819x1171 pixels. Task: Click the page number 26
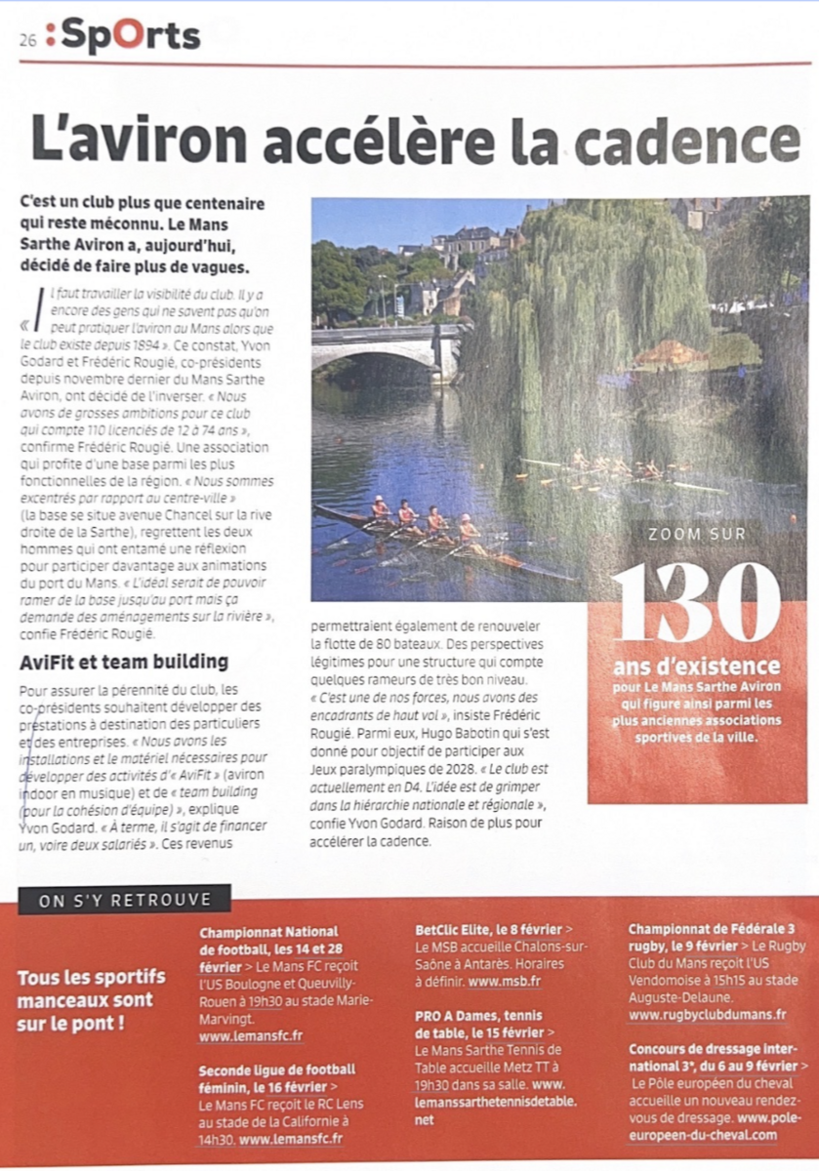coord(26,40)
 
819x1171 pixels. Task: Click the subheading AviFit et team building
coord(124,662)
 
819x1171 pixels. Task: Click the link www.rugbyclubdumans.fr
coord(708,1015)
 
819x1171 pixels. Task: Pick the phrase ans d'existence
coord(697,667)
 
